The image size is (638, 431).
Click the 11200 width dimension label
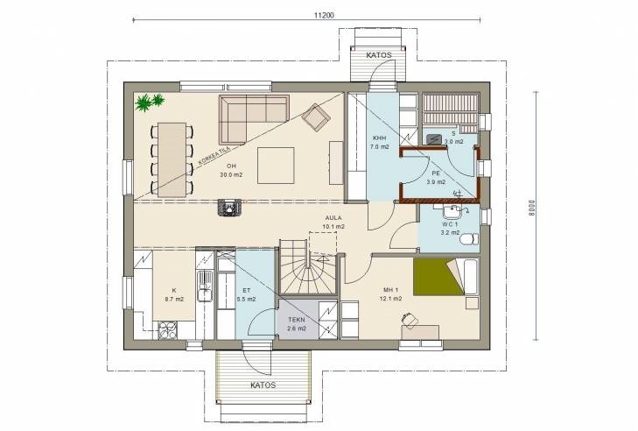(x=324, y=16)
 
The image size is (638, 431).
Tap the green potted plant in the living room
(x=150, y=102)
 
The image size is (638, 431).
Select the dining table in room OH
(x=172, y=159)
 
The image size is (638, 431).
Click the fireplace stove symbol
(x=230, y=207)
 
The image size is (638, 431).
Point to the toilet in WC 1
(x=470, y=238)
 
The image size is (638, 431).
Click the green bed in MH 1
(x=438, y=277)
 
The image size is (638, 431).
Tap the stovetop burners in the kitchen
(x=167, y=330)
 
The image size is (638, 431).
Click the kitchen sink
(x=205, y=286)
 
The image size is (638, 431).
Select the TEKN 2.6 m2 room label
(x=297, y=324)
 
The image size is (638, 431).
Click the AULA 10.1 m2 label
(x=333, y=222)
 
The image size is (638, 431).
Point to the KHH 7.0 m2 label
(x=379, y=142)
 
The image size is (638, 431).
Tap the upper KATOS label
(x=379, y=55)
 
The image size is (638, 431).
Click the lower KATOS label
(x=263, y=385)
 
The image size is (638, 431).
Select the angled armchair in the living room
(x=316, y=117)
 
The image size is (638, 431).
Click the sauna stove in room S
(x=435, y=138)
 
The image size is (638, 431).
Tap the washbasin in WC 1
(x=451, y=212)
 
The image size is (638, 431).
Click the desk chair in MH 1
(x=409, y=320)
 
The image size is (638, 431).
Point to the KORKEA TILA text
(x=214, y=155)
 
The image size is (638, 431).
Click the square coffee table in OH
(x=276, y=166)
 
